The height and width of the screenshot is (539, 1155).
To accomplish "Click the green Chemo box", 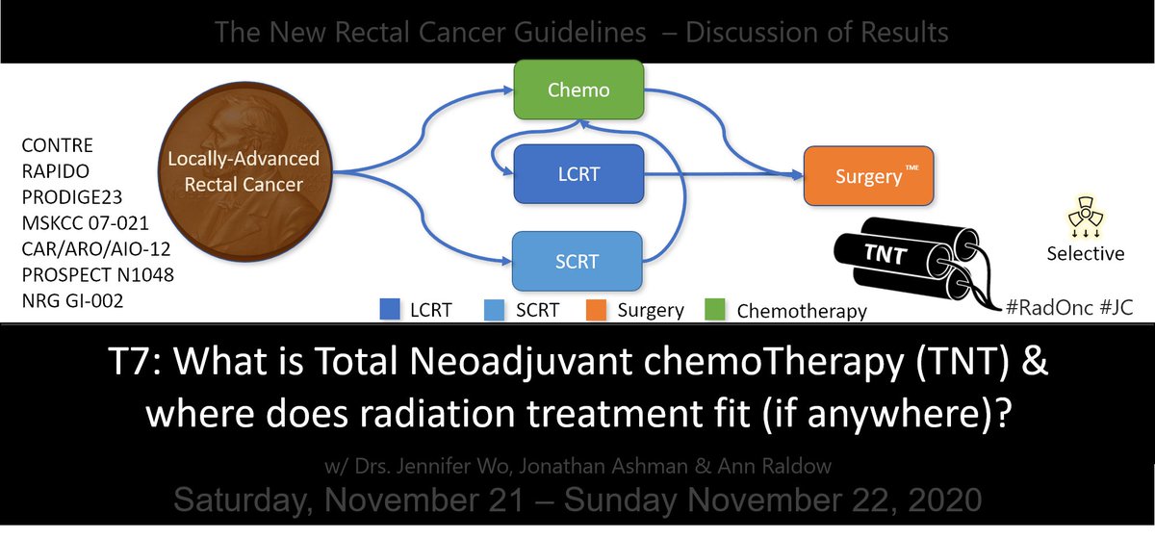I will pos(578,91).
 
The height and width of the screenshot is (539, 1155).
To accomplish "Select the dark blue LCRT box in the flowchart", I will pos(577,173).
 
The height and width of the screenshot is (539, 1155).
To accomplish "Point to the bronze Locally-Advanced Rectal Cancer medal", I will pos(244,173).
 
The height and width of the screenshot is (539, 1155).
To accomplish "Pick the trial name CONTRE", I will pos(57,146).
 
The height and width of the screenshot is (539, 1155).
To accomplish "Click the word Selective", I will pos(1085,254).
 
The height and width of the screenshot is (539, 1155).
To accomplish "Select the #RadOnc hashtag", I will pos(1043,310).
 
